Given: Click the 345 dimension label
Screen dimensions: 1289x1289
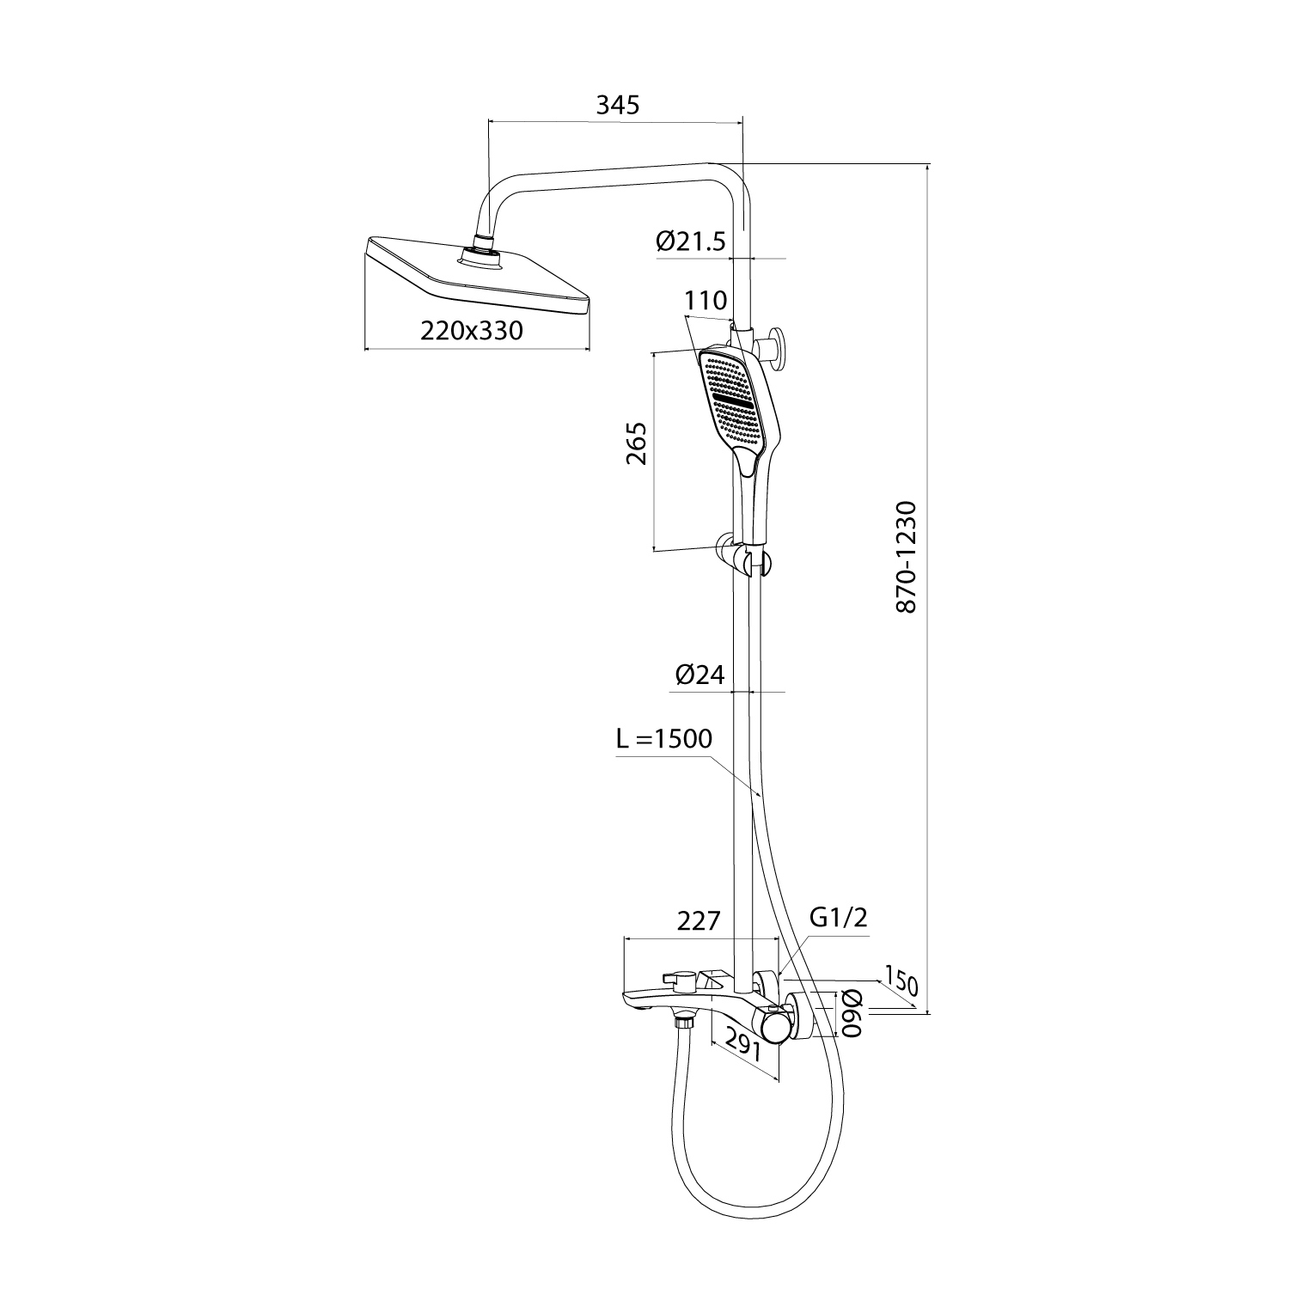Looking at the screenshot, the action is click(618, 105).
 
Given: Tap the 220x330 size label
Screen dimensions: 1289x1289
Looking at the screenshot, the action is click(472, 330).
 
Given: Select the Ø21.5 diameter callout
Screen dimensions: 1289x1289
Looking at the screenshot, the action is click(691, 241).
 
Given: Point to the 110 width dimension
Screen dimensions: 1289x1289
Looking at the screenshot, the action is click(706, 300).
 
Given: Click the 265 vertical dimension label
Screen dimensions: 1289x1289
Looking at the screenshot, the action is click(637, 443).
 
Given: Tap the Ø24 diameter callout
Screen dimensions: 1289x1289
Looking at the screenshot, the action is click(699, 676).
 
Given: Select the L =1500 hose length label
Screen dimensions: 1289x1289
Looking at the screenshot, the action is click(664, 738).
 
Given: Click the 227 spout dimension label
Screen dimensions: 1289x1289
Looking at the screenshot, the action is click(698, 920).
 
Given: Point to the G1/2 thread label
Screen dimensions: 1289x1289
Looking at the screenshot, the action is click(839, 917).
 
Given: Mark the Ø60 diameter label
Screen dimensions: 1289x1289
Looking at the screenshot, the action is click(851, 1014).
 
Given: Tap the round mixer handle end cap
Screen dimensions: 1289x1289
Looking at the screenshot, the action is click(774, 1025).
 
